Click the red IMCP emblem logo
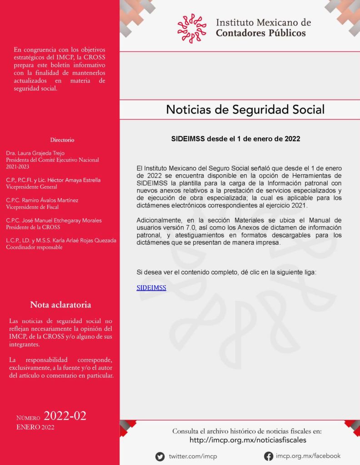[x=192, y=28]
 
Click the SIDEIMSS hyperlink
[x=151, y=288]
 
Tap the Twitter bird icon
[x=160, y=456]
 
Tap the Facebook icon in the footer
[x=269, y=456]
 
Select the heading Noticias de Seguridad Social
[x=245, y=109]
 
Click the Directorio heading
[x=62, y=140]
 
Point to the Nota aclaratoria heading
[x=60, y=304]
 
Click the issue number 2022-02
[x=65, y=416]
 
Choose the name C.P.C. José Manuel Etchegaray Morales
[x=54, y=220]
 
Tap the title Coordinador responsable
[x=33, y=247]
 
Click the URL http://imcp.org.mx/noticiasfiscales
[x=248, y=440]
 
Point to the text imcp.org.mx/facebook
[x=308, y=456]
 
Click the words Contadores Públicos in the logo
[x=260, y=33]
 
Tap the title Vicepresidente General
[x=31, y=187]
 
